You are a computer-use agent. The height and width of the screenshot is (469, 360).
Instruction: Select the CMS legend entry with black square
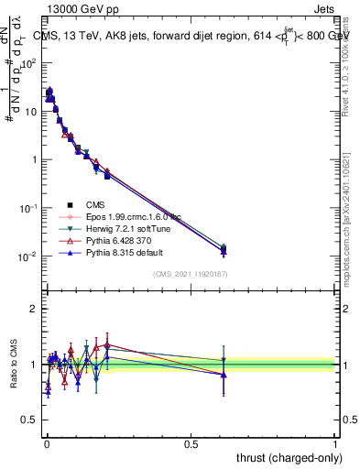pyautogui.click(x=96, y=204)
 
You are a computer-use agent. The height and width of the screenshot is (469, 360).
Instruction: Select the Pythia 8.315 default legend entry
pyautogui.click(x=113, y=252)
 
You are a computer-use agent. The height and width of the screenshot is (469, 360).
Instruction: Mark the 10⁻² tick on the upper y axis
pyautogui.click(x=27, y=256)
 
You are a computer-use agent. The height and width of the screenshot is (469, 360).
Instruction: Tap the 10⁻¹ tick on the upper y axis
pyautogui.click(x=27, y=207)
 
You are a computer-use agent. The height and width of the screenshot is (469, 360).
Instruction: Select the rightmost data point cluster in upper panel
pyautogui.click(x=224, y=249)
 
